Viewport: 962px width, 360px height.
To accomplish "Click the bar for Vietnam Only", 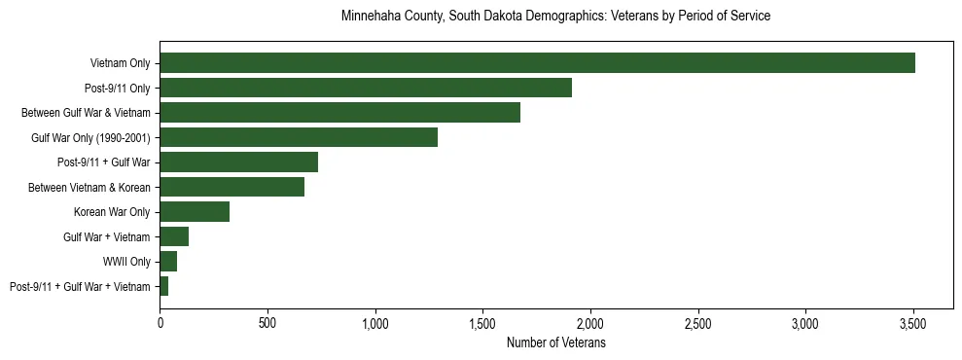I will (537, 63).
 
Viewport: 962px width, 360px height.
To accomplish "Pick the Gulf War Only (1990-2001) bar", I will (299, 137).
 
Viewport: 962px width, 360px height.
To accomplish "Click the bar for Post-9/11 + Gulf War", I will (238, 162).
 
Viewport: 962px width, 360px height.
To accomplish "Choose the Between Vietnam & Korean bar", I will (232, 187).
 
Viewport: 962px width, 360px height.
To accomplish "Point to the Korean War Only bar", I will (195, 212).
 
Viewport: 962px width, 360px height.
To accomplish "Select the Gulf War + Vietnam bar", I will (174, 236).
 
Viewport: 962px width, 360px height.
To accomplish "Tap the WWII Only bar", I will (168, 262).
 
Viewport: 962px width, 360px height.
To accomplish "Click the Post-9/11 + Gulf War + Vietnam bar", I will (164, 286).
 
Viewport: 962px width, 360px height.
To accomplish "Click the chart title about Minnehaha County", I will (555, 17).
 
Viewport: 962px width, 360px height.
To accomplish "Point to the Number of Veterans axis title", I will (555, 343).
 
